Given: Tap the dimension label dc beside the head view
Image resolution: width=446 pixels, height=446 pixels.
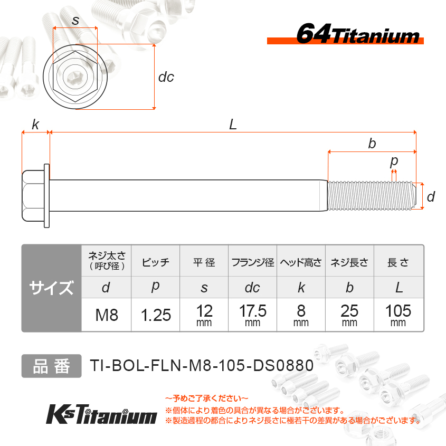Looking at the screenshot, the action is click(166, 77).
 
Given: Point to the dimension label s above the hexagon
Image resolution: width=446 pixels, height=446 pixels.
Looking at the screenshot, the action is click(75, 21).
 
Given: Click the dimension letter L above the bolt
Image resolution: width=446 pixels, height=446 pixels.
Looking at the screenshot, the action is click(233, 125).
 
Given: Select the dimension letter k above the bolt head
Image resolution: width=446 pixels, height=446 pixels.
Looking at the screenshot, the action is click(35, 125).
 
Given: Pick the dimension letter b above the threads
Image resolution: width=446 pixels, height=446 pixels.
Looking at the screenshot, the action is click(372, 144).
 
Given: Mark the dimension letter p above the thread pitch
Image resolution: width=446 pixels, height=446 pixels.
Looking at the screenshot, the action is click(394, 162).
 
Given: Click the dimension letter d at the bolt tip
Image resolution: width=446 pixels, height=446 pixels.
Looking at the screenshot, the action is click(431, 196).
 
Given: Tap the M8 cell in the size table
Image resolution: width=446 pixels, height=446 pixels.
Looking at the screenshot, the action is click(107, 315).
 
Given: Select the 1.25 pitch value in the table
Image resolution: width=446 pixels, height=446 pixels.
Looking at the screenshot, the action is click(156, 315).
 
